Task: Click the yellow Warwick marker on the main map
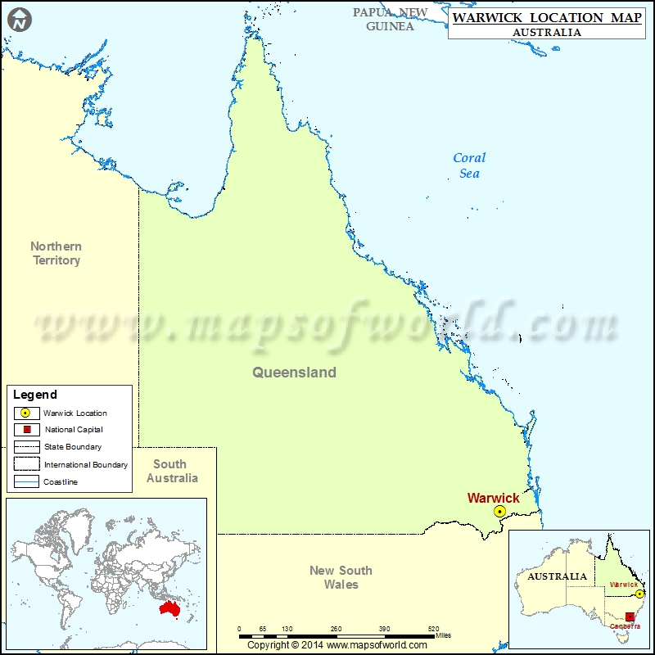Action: pyautogui.click(x=499, y=511)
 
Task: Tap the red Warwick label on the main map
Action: pyautogui.click(x=493, y=498)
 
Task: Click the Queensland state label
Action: pyautogui.click(x=294, y=373)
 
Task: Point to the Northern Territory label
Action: pyautogui.click(x=56, y=253)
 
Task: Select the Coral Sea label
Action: pyautogui.click(x=469, y=165)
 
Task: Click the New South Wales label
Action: pyautogui.click(x=341, y=577)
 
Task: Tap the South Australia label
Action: pyautogui.click(x=172, y=471)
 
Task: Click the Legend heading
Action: pyautogui.click(x=35, y=395)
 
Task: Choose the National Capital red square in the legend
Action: pyautogui.click(x=26, y=430)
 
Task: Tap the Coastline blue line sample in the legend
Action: pyautogui.click(x=26, y=482)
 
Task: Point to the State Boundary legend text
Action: pyautogui.click(x=73, y=447)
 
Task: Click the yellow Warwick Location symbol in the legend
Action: pyautogui.click(x=26, y=413)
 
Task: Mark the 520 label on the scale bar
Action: pyautogui.click(x=432, y=629)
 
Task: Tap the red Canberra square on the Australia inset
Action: pyautogui.click(x=629, y=617)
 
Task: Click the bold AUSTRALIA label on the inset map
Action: pyautogui.click(x=558, y=576)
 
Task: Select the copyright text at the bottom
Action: pyautogui.click(x=339, y=644)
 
